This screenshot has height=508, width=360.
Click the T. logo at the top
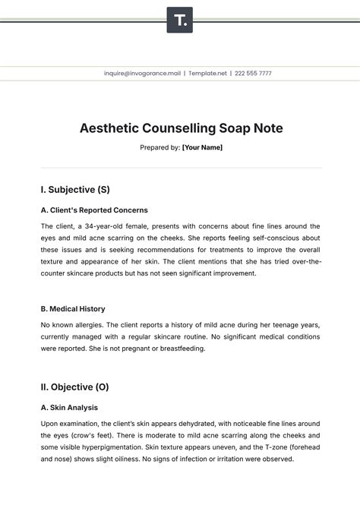click(180, 20)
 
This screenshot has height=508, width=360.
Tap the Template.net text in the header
click(206, 74)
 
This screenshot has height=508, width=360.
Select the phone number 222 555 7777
click(253, 74)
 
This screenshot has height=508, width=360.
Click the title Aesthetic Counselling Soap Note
click(181, 128)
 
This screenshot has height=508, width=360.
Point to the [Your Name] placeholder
click(202, 147)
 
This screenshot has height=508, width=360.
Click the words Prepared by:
click(159, 147)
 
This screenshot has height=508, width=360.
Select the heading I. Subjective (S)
click(75, 189)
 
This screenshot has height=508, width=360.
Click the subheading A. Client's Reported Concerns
click(94, 210)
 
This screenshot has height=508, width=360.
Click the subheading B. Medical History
click(73, 309)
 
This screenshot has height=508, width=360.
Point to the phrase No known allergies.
click(72, 325)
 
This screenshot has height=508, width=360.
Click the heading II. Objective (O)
click(74, 387)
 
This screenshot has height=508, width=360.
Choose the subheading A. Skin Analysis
click(69, 408)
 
